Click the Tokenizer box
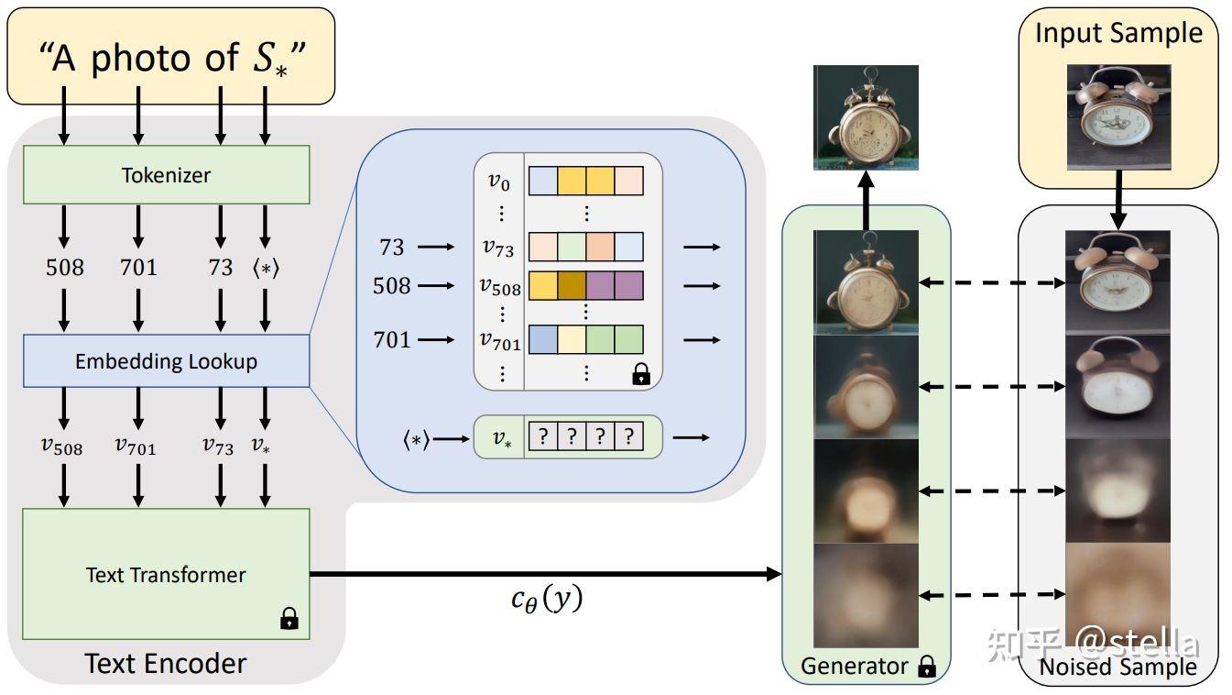coord(166,175)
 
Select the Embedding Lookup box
coord(166,361)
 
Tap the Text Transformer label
coord(166,575)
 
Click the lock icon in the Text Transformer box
coord(289,620)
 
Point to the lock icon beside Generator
coord(927,667)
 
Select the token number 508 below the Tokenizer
coord(64,268)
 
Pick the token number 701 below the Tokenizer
coord(138,268)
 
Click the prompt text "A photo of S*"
coord(171,59)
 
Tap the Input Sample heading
coord(1118,34)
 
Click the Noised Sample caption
coord(1118,667)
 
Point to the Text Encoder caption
coord(166,663)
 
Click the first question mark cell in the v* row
coord(543,437)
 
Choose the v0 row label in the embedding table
coord(498,182)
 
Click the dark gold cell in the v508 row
coord(572,286)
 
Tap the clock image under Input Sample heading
coord(1118,118)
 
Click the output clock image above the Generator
coord(866,117)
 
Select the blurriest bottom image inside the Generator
coord(866,595)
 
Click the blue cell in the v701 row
coord(543,340)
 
